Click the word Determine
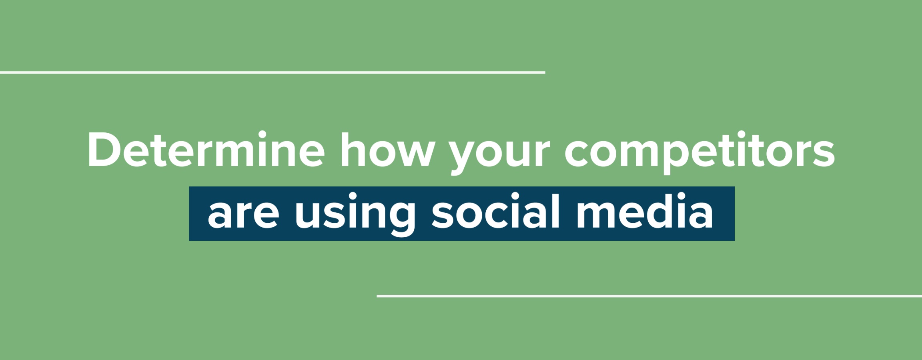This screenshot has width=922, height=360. pyautogui.click(x=206, y=149)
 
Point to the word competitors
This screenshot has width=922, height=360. pyautogui.click(x=700, y=152)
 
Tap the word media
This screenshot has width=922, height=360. pyautogui.click(x=645, y=211)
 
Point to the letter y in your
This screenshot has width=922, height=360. pyautogui.click(x=466, y=157)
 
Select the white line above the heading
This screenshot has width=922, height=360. pyautogui.click(x=273, y=72)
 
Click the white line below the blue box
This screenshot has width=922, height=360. pyautogui.click(x=649, y=296)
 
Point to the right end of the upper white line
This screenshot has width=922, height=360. pyautogui.click(x=545, y=72)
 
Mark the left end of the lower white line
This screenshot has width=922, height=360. pyautogui.click(x=377, y=296)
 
